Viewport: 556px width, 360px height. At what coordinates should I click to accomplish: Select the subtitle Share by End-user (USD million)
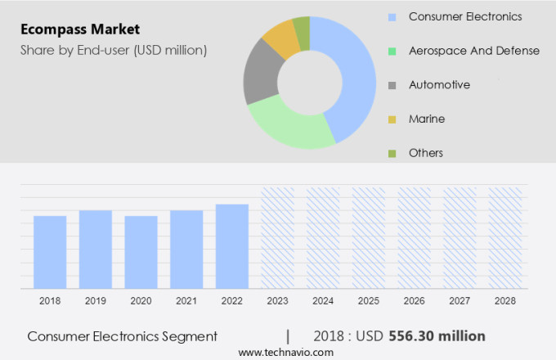tap(114, 51)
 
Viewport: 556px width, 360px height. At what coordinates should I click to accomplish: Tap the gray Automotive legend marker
tap(392, 85)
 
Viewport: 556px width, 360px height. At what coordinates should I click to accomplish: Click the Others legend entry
tap(425, 153)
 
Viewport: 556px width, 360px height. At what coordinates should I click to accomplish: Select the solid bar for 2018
tap(50, 252)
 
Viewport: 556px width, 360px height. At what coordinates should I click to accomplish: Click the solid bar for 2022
tap(232, 246)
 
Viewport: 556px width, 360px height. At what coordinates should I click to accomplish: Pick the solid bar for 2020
tap(141, 252)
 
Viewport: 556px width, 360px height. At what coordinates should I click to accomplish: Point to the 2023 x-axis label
tap(277, 301)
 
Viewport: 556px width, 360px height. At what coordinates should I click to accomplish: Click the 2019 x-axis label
tap(96, 301)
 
